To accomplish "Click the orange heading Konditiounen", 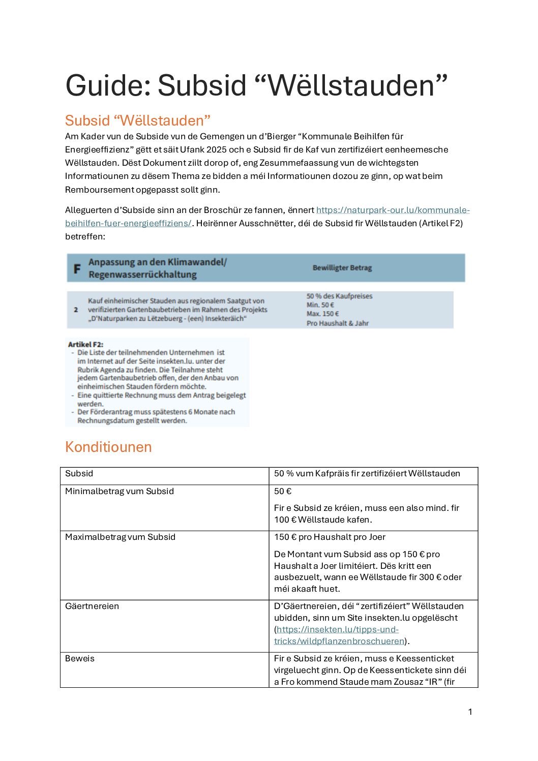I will tap(108, 447).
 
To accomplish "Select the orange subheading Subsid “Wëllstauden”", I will tap(137, 120).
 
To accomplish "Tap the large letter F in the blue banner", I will tap(77, 269).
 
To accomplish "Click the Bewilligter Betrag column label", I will tap(342, 268).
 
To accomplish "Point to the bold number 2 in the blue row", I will tap(76, 310).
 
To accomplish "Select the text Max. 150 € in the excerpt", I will tap(322, 314).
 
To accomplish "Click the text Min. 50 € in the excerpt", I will tap(320, 305).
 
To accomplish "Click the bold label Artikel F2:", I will tap(85, 344).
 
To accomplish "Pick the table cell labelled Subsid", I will tap(79, 473).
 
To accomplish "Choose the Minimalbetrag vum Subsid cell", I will tap(119, 491).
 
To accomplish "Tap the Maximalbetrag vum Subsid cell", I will tap(120, 537).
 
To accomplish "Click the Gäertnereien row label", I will tap(92, 606).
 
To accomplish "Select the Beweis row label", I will tap(80, 658).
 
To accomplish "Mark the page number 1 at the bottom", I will tap(470, 712).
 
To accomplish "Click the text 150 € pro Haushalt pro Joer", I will tap(330, 537).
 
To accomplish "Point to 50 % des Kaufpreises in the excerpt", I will tap(339, 296).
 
